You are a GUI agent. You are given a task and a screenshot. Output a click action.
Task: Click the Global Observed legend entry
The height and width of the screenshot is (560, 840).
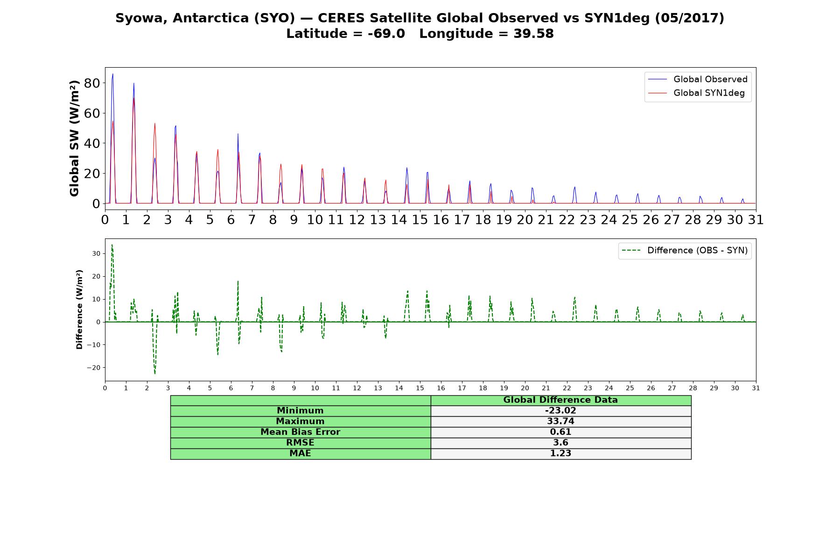point(698,79)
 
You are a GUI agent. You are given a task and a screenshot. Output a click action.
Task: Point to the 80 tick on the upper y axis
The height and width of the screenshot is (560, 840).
point(91,84)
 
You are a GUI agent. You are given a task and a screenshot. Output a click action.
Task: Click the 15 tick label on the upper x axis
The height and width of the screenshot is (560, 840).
point(420,220)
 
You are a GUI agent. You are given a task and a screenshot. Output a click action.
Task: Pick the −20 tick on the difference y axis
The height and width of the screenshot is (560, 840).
point(93,368)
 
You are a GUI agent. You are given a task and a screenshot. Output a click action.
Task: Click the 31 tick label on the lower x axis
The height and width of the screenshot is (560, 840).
point(756,388)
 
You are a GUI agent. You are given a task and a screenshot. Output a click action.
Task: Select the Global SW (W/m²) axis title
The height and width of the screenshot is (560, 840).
point(74,138)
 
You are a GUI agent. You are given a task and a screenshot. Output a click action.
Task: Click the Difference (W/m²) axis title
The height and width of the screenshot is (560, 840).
point(79,309)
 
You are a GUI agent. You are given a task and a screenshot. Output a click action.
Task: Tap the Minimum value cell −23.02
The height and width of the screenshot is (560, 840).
point(560,411)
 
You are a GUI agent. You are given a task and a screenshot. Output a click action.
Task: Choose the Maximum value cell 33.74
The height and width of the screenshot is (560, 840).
point(560,421)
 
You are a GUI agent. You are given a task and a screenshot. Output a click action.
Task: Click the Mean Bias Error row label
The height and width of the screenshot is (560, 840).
point(300,432)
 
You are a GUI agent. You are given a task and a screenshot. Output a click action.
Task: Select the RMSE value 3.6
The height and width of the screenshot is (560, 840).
point(560,443)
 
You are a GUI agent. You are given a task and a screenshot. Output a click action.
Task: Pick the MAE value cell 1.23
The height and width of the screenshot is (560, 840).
point(560,454)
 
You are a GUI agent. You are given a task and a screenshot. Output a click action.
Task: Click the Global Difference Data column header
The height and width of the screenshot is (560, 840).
point(560,400)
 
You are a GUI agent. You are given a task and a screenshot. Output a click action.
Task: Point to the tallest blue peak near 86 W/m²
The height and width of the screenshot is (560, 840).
point(112,74)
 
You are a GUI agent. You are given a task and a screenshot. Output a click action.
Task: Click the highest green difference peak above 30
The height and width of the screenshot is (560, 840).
point(112,245)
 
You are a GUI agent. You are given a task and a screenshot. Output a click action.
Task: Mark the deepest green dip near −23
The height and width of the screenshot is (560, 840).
point(155,374)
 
